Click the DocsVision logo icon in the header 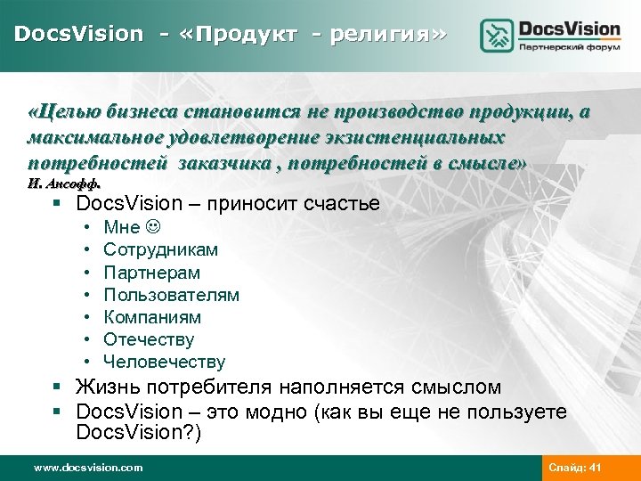tap(497, 36)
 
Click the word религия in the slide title tap(384, 35)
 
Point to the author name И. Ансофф tap(64, 183)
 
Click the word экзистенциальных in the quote tap(429, 138)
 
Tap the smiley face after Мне tap(153, 228)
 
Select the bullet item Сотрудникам tap(160, 250)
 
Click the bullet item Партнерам tap(151, 273)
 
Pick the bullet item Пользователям tap(171, 295)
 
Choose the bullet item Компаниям tap(152, 317)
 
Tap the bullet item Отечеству tap(148, 339)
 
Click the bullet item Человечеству tap(164, 362)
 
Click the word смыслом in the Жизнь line tap(459, 387)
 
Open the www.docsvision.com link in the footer tap(87, 468)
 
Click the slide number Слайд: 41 tap(575, 468)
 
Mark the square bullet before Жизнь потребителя tap(58, 387)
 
